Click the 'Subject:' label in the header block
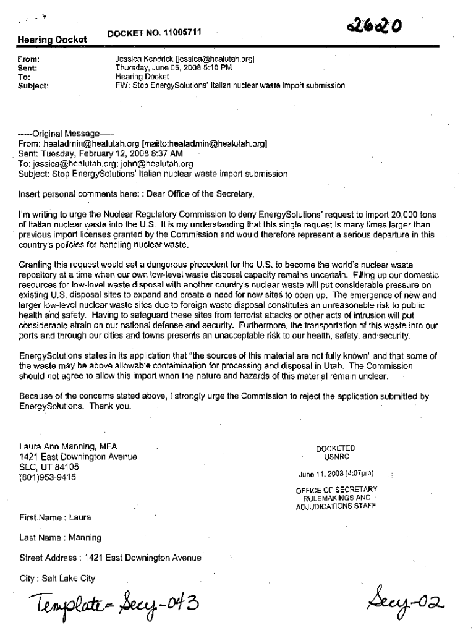click(x=35, y=85)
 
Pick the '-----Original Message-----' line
click(x=68, y=134)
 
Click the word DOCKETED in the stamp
click(x=336, y=449)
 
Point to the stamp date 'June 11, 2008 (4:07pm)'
click(x=336, y=474)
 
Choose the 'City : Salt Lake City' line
click(x=57, y=579)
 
